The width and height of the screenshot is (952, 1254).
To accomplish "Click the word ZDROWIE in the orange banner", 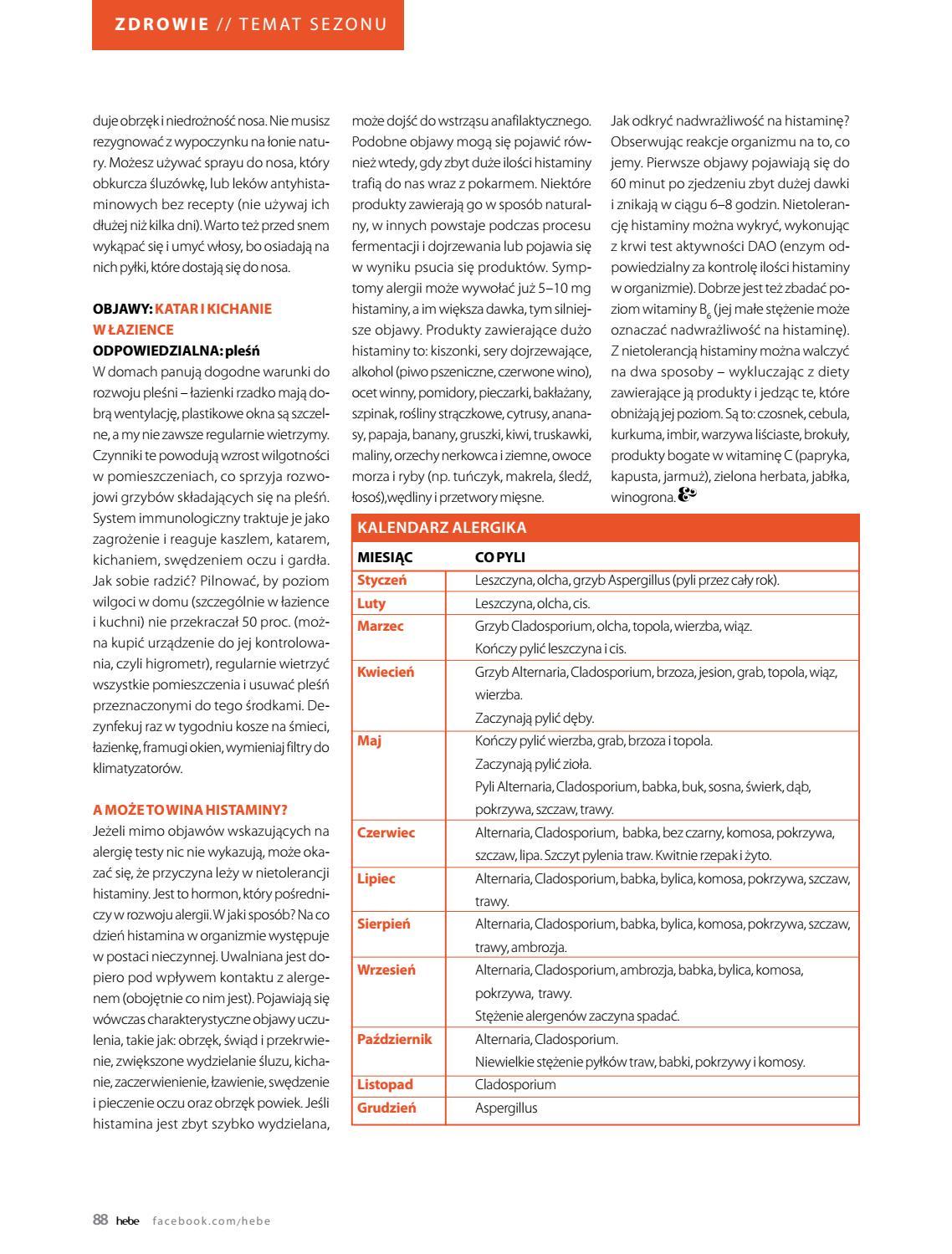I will tap(162, 24).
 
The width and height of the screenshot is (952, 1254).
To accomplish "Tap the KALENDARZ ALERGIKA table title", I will tap(442, 528).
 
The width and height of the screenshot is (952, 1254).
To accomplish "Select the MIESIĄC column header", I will tap(385, 557).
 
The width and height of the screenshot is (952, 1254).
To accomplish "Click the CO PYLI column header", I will tap(500, 557).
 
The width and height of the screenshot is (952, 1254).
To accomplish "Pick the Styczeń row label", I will tap(382, 580).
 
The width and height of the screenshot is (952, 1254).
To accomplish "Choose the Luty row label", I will tap(371, 603).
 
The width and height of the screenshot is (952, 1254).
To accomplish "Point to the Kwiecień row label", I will tap(386, 672).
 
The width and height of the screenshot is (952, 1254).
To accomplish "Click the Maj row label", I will tap(369, 740).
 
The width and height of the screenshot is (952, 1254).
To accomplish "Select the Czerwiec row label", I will tap(386, 832).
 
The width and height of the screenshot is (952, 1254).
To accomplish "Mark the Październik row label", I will tap(395, 1039).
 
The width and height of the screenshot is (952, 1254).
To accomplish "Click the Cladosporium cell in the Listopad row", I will tap(515, 1085).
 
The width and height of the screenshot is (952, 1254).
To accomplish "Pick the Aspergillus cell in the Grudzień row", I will tap(506, 1108).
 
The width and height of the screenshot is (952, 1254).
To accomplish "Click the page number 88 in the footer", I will tap(100, 1221).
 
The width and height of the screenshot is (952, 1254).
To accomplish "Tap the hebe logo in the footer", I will tap(128, 1221).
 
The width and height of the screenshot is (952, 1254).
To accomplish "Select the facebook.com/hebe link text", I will tap(212, 1221).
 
